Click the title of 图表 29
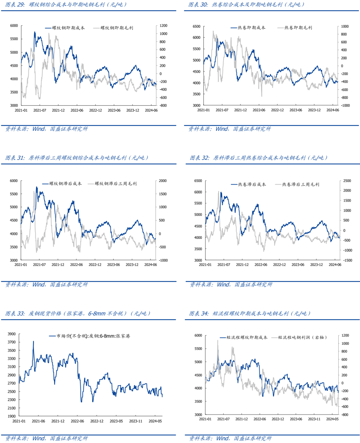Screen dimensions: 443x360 [66, 5]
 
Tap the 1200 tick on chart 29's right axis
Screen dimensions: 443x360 [163, 26]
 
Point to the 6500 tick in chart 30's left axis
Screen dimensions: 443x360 [197, 26]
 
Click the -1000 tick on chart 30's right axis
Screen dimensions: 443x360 [345, 105]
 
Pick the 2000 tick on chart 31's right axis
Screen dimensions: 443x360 [163, 181]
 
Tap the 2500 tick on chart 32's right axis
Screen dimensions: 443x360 [347, 181]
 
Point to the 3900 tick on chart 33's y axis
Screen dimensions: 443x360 [12, 334]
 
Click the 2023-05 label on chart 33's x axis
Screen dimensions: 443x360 [116, 421]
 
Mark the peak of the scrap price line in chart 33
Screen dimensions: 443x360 [33, 341]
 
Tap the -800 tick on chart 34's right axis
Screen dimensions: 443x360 [345, 415]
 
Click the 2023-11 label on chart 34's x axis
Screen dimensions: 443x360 [314, 419]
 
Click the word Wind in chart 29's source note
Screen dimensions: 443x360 [38, 129]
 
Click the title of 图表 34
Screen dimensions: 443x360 [250, 313]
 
